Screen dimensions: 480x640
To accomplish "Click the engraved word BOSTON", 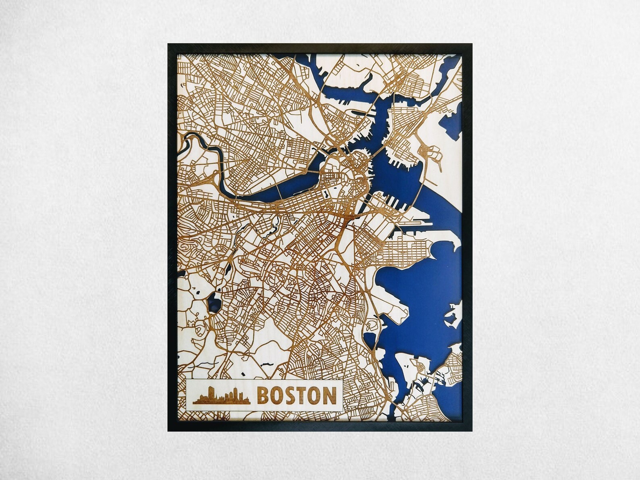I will click(x=296, y=395).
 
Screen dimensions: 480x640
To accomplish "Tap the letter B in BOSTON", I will click(x=264, y=395).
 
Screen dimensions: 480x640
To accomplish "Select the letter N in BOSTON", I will click(x=328, y=395).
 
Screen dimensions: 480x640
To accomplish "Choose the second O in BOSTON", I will click(x=314, y=395).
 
